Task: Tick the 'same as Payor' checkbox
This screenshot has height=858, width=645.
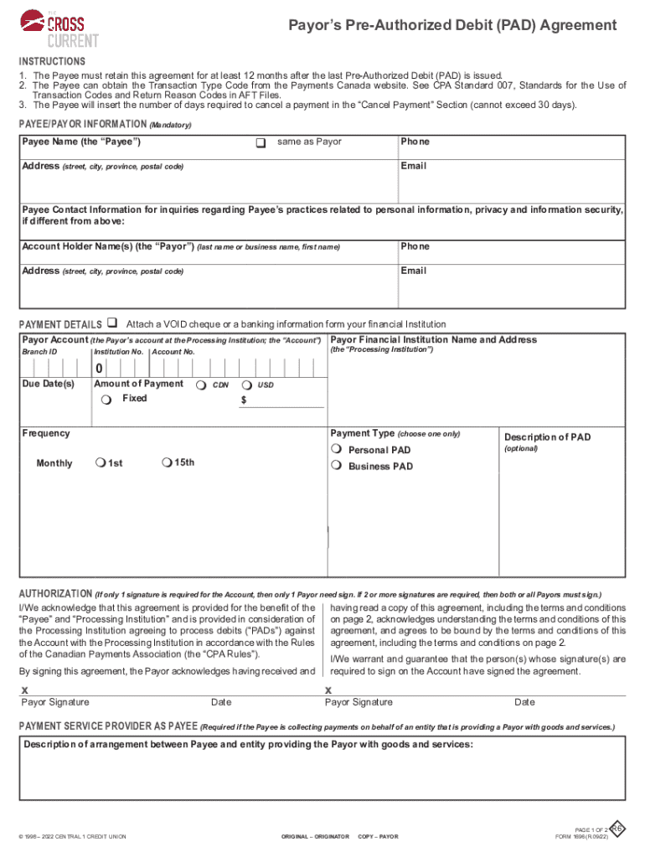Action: (261, 143)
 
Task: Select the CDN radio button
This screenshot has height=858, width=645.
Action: (201, 385)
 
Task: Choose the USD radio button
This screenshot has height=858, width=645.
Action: (246, 385)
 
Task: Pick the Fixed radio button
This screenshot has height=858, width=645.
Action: (106, 400)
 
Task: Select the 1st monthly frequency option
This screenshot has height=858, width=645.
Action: (101, 463)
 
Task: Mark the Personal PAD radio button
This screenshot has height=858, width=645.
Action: (337, 450)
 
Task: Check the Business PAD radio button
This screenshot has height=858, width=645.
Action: (337, 466)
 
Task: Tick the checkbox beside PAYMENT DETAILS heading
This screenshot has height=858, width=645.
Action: (112, 323)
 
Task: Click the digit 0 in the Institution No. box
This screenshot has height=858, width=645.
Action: (99, 370)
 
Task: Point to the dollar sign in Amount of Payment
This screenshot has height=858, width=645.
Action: (244, 401)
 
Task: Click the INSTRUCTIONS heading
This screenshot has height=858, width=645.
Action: (52, 62)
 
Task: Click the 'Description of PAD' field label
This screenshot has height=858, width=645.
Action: (547, 437)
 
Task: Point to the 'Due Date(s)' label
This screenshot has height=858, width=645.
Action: (49, 384)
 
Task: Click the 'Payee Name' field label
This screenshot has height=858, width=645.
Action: (80, 142)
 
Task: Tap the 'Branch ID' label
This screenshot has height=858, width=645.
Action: (39, 352)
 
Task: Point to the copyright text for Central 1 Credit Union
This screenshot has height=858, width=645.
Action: (73, 837)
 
